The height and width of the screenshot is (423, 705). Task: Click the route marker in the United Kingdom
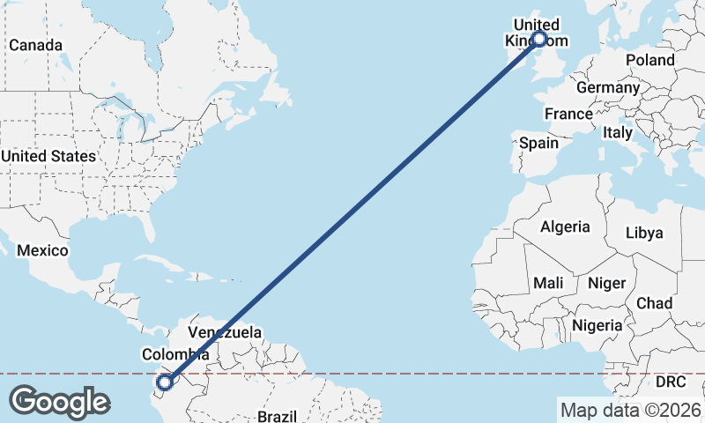point(538,39)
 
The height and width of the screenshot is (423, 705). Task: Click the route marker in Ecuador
point(165,382)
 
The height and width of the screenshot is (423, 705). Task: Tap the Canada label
point(35,45)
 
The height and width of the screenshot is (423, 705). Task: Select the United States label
point(48,156)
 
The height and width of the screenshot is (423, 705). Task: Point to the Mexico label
point(42,251)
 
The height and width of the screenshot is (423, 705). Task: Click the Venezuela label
point(226,333)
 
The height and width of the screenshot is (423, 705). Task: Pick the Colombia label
point(175,354)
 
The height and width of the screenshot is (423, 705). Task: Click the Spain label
point(538,143)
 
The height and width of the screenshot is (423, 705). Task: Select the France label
point(568,115)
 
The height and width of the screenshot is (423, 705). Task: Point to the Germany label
point(607,88)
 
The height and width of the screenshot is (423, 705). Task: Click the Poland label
point(649,60)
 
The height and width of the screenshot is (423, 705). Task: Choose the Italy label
point(617,133)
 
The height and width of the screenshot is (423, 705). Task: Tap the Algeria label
point(565,227)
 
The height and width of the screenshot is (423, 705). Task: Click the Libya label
point(643,234)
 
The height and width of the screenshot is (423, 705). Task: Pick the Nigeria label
point(597,325)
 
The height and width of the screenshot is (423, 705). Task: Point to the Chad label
point(654,303)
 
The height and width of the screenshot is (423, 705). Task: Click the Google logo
point(59,401)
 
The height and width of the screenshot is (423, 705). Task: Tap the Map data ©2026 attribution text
point(630,410)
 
